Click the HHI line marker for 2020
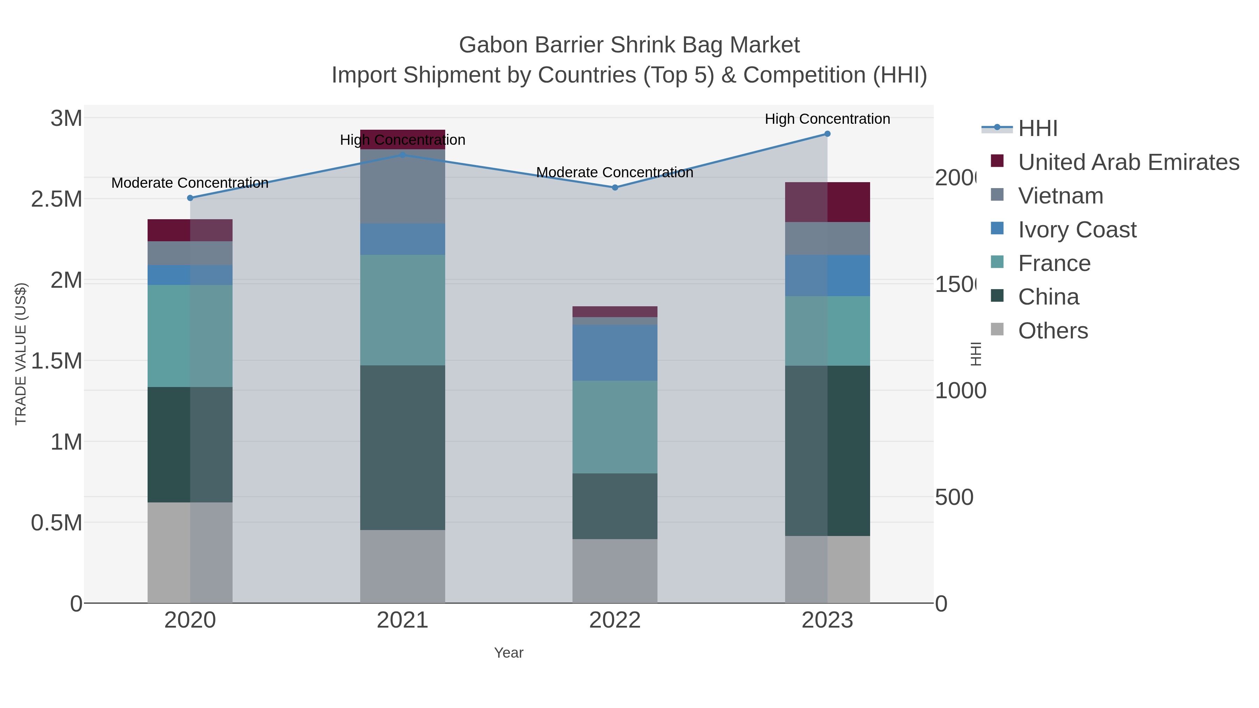pos(190,198)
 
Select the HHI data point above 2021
pos(403,155)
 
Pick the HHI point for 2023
pos(827,134)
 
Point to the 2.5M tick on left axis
pos(56,199)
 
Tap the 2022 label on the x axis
pos(615,621)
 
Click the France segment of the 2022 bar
pos(615,427)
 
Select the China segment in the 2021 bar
pos(403,448)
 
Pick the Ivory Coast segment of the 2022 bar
pos(615,353)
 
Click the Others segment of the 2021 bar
pos(403,566)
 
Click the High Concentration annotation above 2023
pos(827,119)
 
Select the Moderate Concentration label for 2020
pos(190,183)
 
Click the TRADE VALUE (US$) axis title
pos(21,354)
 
